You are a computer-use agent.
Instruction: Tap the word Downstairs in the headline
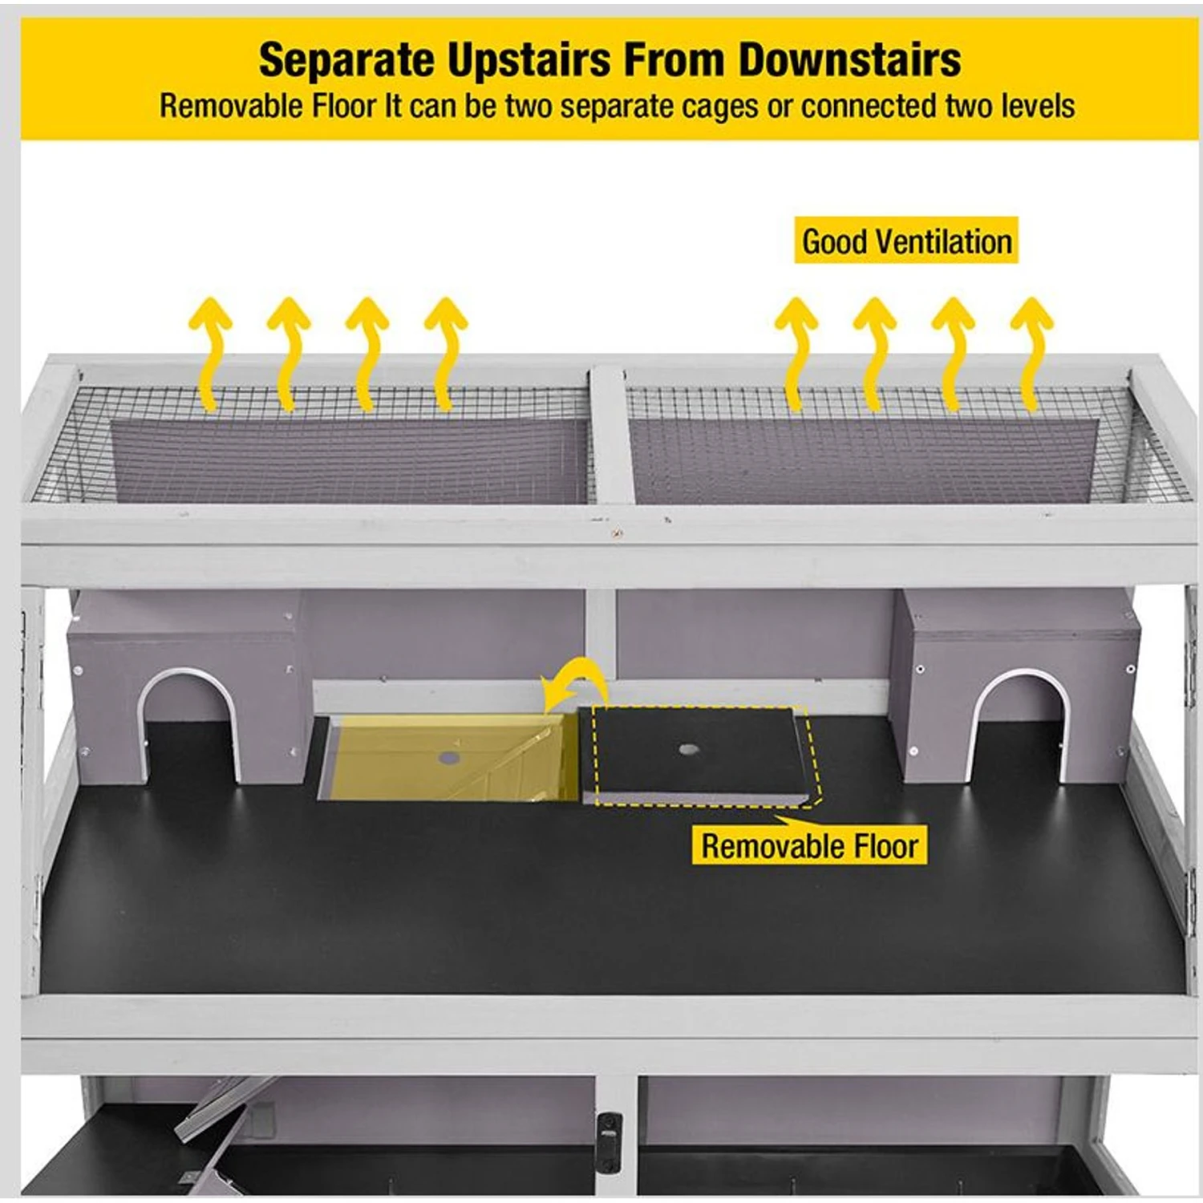[x=849, y=60]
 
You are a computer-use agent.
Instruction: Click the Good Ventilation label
[x=906, y=241]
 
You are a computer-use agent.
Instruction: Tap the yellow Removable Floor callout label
[x=809, y=845]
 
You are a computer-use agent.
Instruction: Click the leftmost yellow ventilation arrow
[x=210, y=354]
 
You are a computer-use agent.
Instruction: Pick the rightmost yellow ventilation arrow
[x=1032, y=354]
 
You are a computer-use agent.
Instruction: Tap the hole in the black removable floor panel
[x=687, y=750]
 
